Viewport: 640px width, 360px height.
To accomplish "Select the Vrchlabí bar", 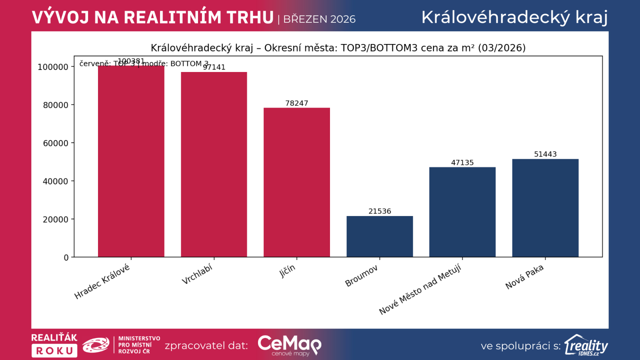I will tap(214, 164).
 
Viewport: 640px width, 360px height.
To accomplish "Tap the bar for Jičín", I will tap(297, 182).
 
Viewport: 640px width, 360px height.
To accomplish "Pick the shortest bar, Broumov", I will tap(380, 236).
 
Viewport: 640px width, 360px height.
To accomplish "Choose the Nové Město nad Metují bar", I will tap(462, 212).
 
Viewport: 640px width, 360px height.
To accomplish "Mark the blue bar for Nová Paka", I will tap(545, 208).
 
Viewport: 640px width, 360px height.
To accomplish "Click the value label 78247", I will tap(297, 103).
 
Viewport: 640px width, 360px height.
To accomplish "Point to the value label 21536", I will tap(380, 211).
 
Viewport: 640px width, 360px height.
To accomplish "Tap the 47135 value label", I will tap(462, 162).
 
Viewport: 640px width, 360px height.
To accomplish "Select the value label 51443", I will tap(545, 154).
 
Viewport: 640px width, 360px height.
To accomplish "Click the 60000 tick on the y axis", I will tap(56, 143).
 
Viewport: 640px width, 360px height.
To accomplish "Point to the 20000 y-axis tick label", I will tap(56, 219).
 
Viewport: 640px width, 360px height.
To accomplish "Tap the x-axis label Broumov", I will tap(362, 276).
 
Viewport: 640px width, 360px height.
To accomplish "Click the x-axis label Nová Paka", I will tap(524, 277).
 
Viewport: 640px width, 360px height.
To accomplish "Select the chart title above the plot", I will tap(338, 48).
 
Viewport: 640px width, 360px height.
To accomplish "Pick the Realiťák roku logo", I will tap(54, 345).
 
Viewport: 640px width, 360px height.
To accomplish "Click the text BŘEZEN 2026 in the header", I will tap(319, 19).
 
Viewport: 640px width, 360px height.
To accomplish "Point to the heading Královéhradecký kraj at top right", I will tap(514, 18).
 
